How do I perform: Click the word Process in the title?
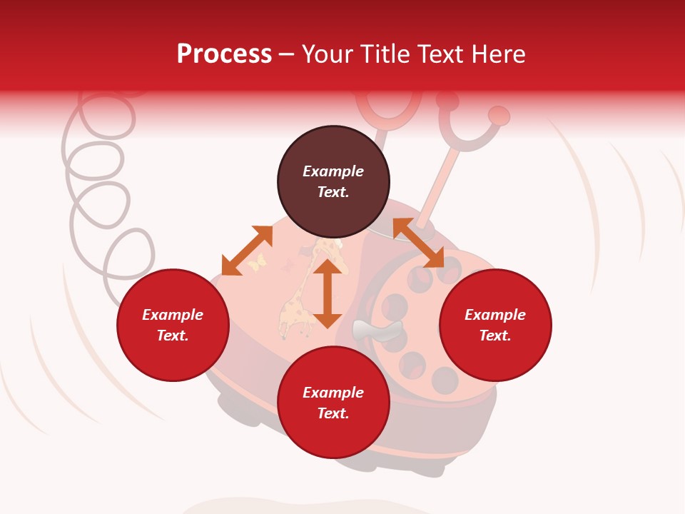pyautogui.click(x=224, y=54)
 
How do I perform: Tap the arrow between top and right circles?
pyautogui.click(x=418, y=243)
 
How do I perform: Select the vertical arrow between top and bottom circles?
pyautogui.click(x=328, y=293)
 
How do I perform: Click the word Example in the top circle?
pyautogui.click(x=333, y=171)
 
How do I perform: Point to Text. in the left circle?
pyautogui.click(x=173, y=336)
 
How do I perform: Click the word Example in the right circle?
pyautogui.click(x=495, y=315)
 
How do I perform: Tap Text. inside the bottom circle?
pyautogui.click(x=333, y=413)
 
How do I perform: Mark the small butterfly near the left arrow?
pyautogui.click(x=256, y=263)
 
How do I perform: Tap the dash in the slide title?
pyautogui.click(x=286, y=55)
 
